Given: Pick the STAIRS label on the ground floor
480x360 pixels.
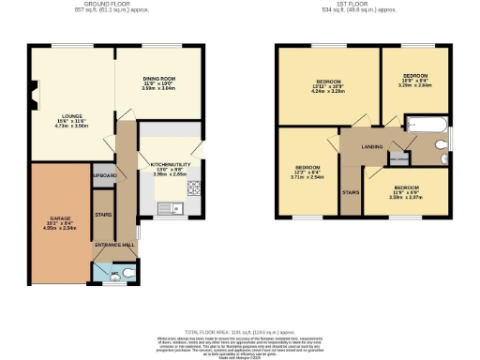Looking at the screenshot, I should point(103,214).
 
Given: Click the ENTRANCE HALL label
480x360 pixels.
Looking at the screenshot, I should point(114,244).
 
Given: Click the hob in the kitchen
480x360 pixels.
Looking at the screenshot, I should point(196,187).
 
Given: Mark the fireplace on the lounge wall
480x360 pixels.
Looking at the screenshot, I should point(34,93).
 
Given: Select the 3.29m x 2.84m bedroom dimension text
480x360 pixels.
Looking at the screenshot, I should point(415,83).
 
